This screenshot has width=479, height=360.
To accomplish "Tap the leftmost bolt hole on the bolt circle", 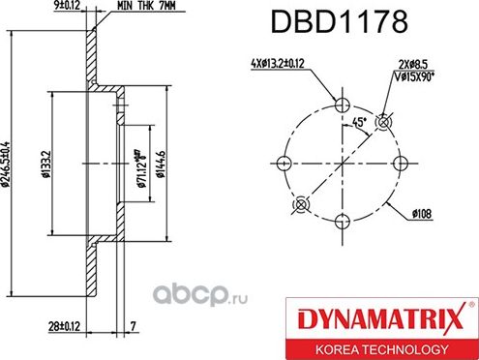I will pos(284,162).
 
